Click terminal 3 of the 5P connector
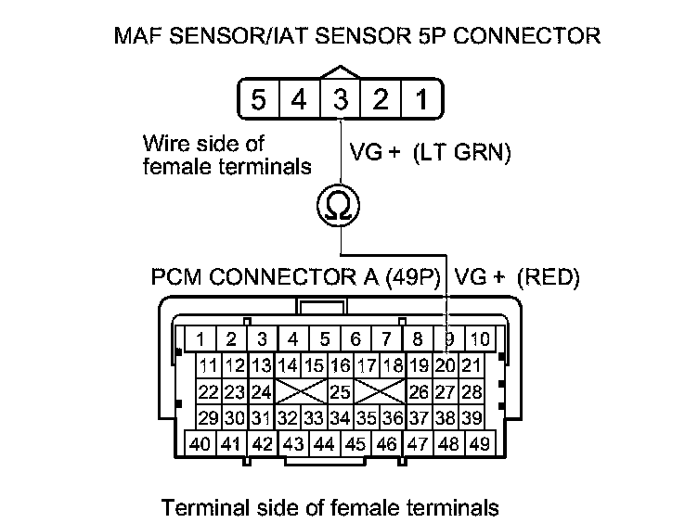coord(341,98)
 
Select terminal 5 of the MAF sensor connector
coord(261,98)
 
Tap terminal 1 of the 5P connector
coord(420,98)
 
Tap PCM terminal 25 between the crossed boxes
coord(341,391)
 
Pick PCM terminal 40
coord(201,443)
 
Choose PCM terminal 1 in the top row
coord(201,339)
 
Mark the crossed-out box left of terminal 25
coord(303,391)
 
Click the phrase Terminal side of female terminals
coord(330,507)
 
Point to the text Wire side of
coord(203,144)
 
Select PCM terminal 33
coord(315,417)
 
